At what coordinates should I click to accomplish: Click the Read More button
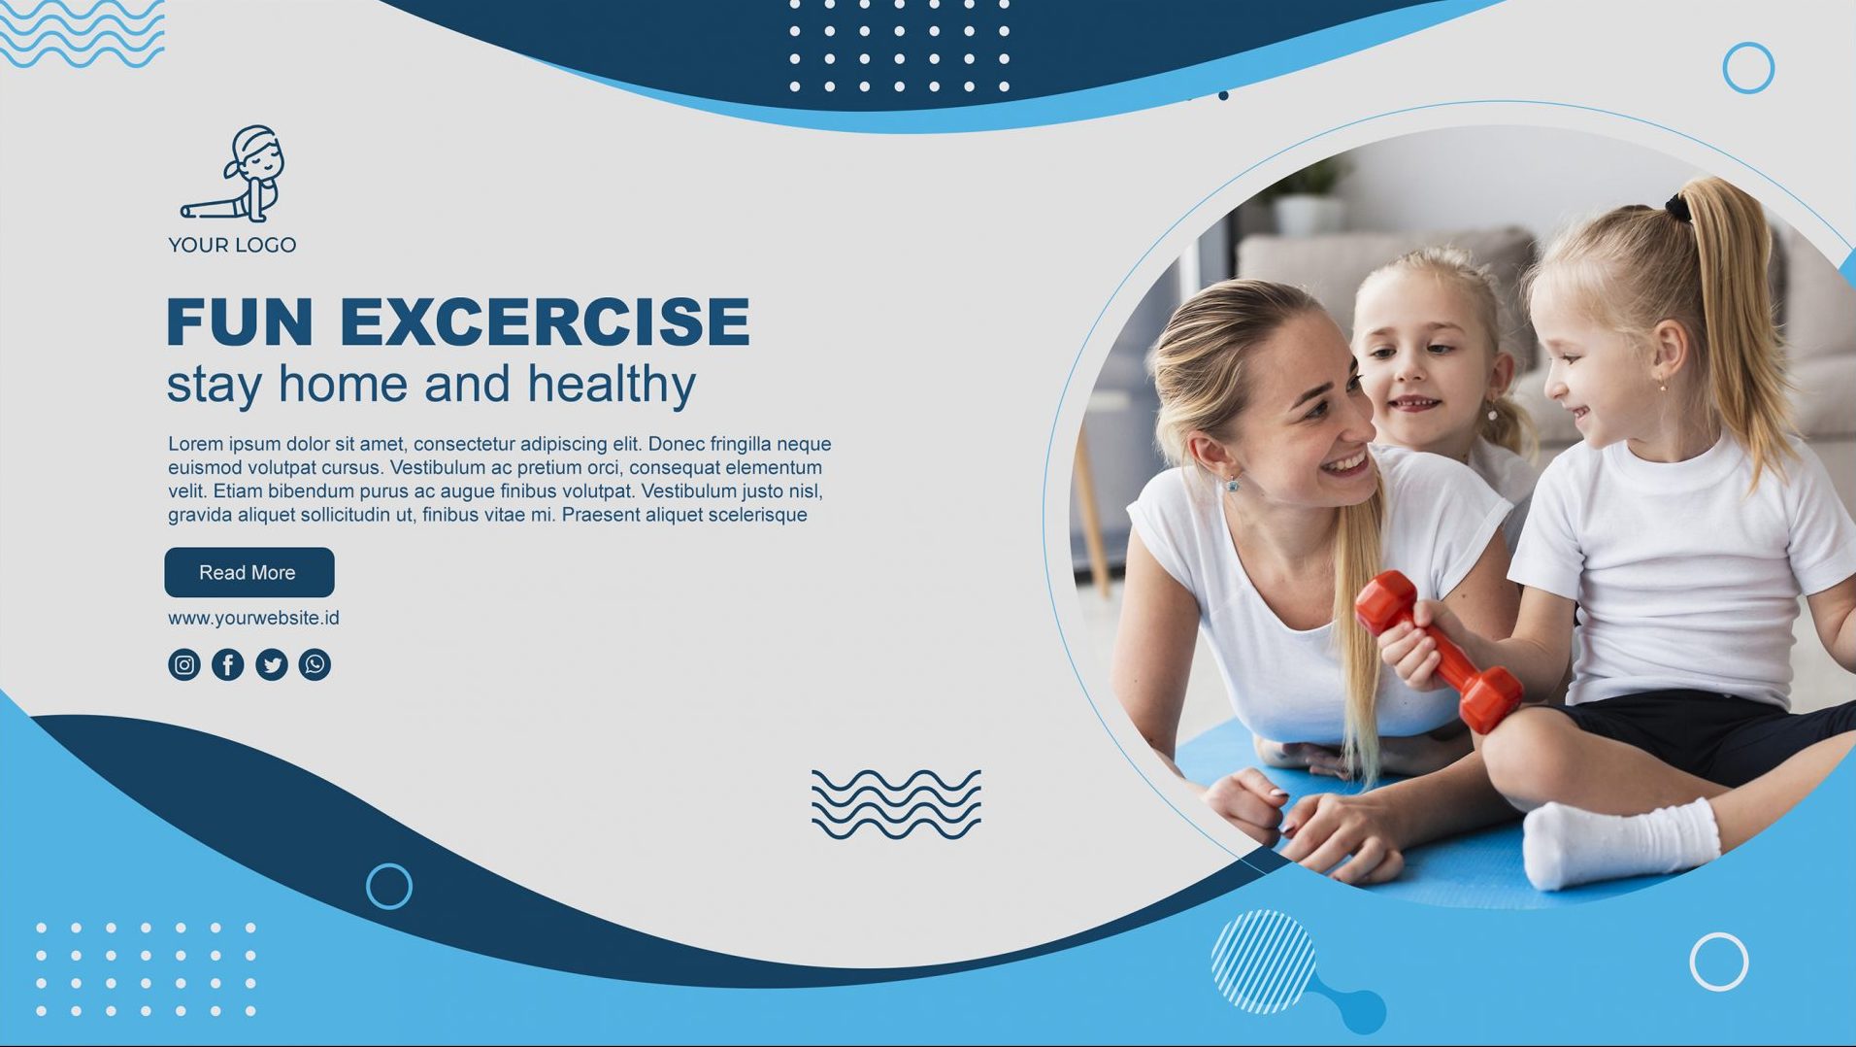coord(249,572)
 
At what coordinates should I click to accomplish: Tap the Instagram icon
coord(184,664)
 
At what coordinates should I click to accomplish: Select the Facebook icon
coord(228,664)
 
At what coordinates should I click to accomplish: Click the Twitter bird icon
coord(272,664)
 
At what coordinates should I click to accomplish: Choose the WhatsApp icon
coord(315,664)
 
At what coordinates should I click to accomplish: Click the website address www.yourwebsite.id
coord(253,618)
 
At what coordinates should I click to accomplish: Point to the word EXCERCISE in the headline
coord(545,321)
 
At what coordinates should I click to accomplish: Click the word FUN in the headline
coord(240,321)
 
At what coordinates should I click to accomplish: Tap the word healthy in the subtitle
coord(612,385)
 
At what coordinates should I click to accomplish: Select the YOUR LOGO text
coord(232,245)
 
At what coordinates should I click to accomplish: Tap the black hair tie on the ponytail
coord(1677,207)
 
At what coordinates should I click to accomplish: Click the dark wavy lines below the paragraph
coord(896,804)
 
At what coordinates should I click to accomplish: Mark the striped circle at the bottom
coord(1263,962)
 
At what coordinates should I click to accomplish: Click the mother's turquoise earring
coord(1233,483)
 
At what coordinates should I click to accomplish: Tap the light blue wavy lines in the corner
coord(83,35)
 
